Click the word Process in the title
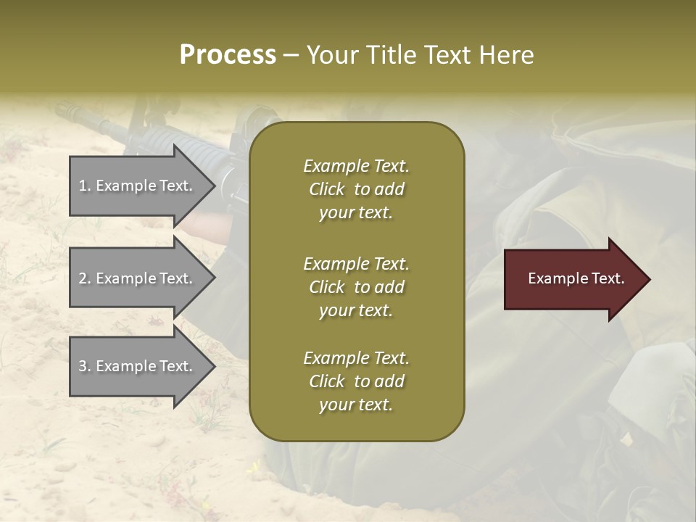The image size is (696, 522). tap(228, 55)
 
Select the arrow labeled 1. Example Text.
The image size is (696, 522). tap(138, 186)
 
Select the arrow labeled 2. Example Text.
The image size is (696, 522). tap(138, 278)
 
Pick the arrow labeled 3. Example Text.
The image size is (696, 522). tap(138, 366)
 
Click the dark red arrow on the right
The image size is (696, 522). tap(573, 279)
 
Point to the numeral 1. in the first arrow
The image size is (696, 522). tap(85, 186)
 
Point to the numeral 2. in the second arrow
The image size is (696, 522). tap(85, 278)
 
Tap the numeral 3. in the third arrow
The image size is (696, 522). tap(85, 366)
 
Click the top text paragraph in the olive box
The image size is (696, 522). tap(356, 189)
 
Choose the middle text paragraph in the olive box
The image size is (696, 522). tap(356, 287)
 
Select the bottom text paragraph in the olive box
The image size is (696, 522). tap(356, 381)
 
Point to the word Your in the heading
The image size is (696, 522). tap(330, 55)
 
